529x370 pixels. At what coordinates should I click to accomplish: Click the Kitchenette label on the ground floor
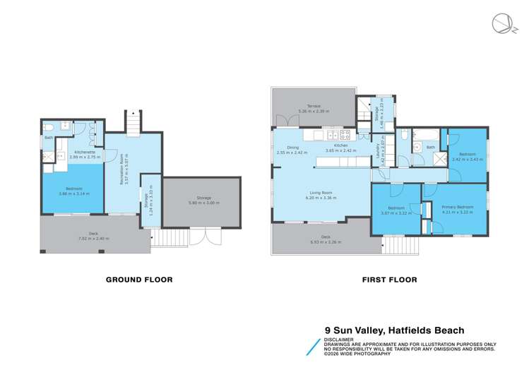[85, 152]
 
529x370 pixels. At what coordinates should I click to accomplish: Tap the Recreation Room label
[121, 169]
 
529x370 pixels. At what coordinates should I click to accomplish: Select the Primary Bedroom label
[456, 207]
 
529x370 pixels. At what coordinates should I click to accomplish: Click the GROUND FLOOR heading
[138, 280]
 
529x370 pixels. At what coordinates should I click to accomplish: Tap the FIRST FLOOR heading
[389, 280]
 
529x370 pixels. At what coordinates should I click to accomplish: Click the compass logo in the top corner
[502, 23]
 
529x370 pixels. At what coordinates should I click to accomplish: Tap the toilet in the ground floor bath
[49, 127]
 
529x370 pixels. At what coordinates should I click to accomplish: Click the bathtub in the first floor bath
[425, 134]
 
